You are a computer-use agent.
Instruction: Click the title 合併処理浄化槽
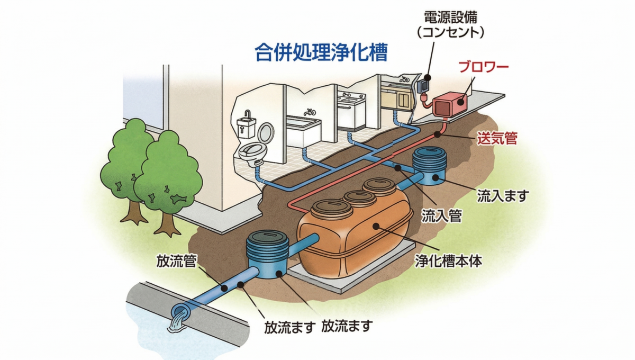pos(321,53)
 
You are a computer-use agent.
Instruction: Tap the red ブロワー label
pos(483,67)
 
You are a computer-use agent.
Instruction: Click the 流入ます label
pos(503,196)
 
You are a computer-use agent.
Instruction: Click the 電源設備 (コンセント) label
pos(450,24)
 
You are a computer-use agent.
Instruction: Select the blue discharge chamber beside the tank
pos(267,254)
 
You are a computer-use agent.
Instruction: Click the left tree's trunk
pos(130,209)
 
